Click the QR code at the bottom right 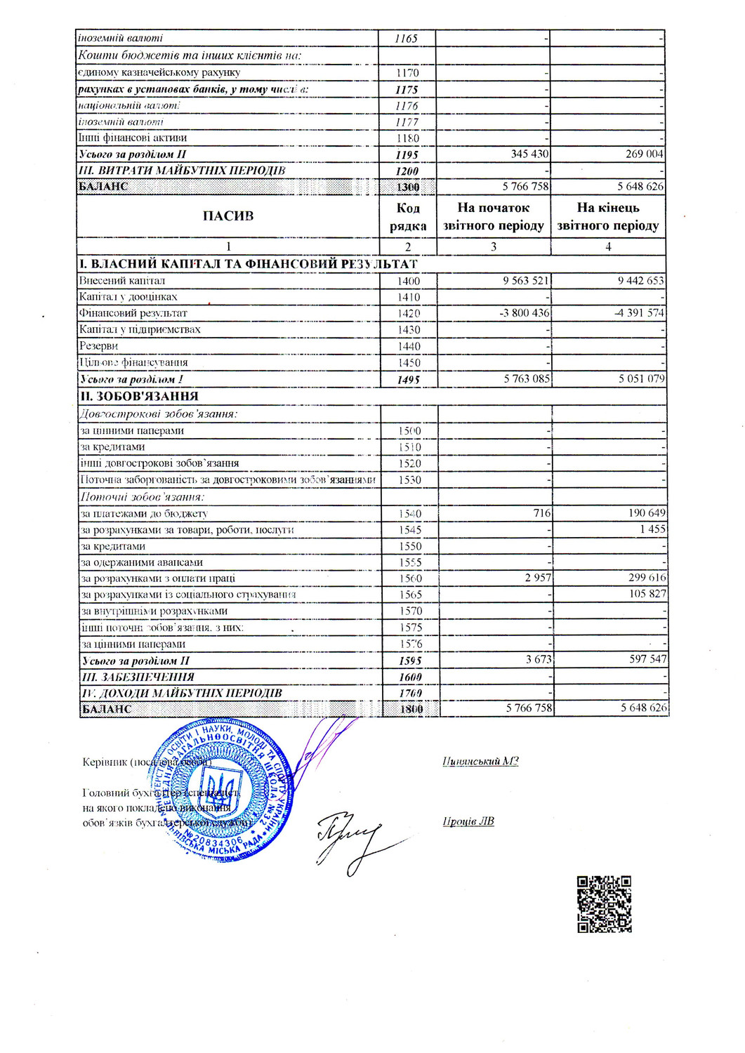coord(604,904)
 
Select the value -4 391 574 coord(640,313)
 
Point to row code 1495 coord(408,380)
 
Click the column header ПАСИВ coord(228,216)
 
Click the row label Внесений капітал coord(122,281)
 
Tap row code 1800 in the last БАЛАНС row coord(411,709)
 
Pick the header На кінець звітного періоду coord(608,216)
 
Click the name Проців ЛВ coord(468,821)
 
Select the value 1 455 coord(652,529)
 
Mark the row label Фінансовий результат coord(133,313)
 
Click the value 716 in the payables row coord(541,513)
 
